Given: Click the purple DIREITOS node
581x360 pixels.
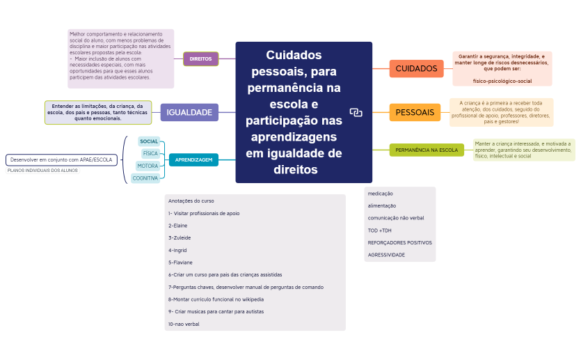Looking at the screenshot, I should (200, 59).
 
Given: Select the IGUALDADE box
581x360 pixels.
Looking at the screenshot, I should (189, 112).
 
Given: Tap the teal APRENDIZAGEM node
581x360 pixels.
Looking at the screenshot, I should (193, 160).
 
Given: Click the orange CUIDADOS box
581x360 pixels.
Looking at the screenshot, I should (416, 69).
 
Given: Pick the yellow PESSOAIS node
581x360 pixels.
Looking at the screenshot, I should (415, 112).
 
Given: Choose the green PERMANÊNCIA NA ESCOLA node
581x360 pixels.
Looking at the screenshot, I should (427, 150).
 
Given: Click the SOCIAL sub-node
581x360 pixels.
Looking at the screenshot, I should (149, 141).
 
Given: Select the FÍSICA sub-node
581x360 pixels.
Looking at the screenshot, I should (150, 153).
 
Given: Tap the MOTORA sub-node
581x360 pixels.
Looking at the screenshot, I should (148, 166).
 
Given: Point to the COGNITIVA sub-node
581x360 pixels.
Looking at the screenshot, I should (145, 178).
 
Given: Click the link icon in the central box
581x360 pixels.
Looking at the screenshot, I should (356, 112).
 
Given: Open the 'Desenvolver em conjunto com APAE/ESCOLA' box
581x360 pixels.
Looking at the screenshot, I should (61, 160).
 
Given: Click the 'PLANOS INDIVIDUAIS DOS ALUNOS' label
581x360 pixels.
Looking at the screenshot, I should (42, 170).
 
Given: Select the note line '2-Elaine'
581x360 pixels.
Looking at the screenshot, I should (178, 226).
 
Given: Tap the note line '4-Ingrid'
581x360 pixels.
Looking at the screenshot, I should (177, 250).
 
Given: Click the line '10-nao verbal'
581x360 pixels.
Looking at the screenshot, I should (184, 324).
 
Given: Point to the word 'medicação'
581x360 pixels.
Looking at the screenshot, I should (380, 194).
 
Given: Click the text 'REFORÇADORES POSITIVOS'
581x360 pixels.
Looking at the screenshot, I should (399, 242).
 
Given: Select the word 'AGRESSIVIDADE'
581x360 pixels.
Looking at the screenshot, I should (386, 255).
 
